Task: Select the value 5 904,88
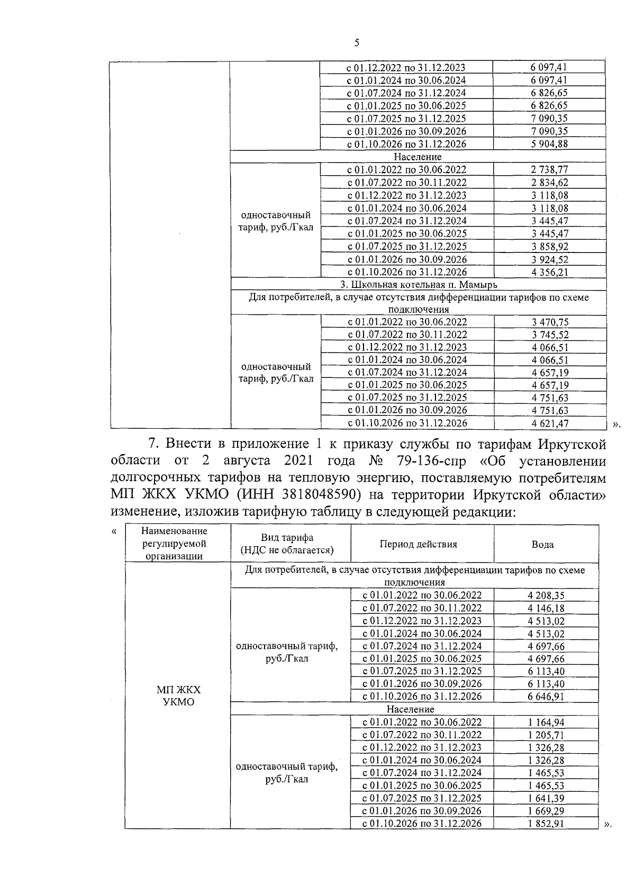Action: click(549, 144)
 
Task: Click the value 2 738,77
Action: click(549, 170)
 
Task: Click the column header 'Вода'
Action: click(542, 545)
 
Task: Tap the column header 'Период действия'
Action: click(418, 545)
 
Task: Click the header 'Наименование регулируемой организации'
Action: click(175, 544)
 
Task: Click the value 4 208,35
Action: click(546, 595)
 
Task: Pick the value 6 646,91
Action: click(546, 697)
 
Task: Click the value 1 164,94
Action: click(546, 722)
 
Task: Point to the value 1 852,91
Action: click(546, 824)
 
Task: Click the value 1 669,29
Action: click(546, 811)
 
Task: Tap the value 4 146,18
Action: click(546, 608)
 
